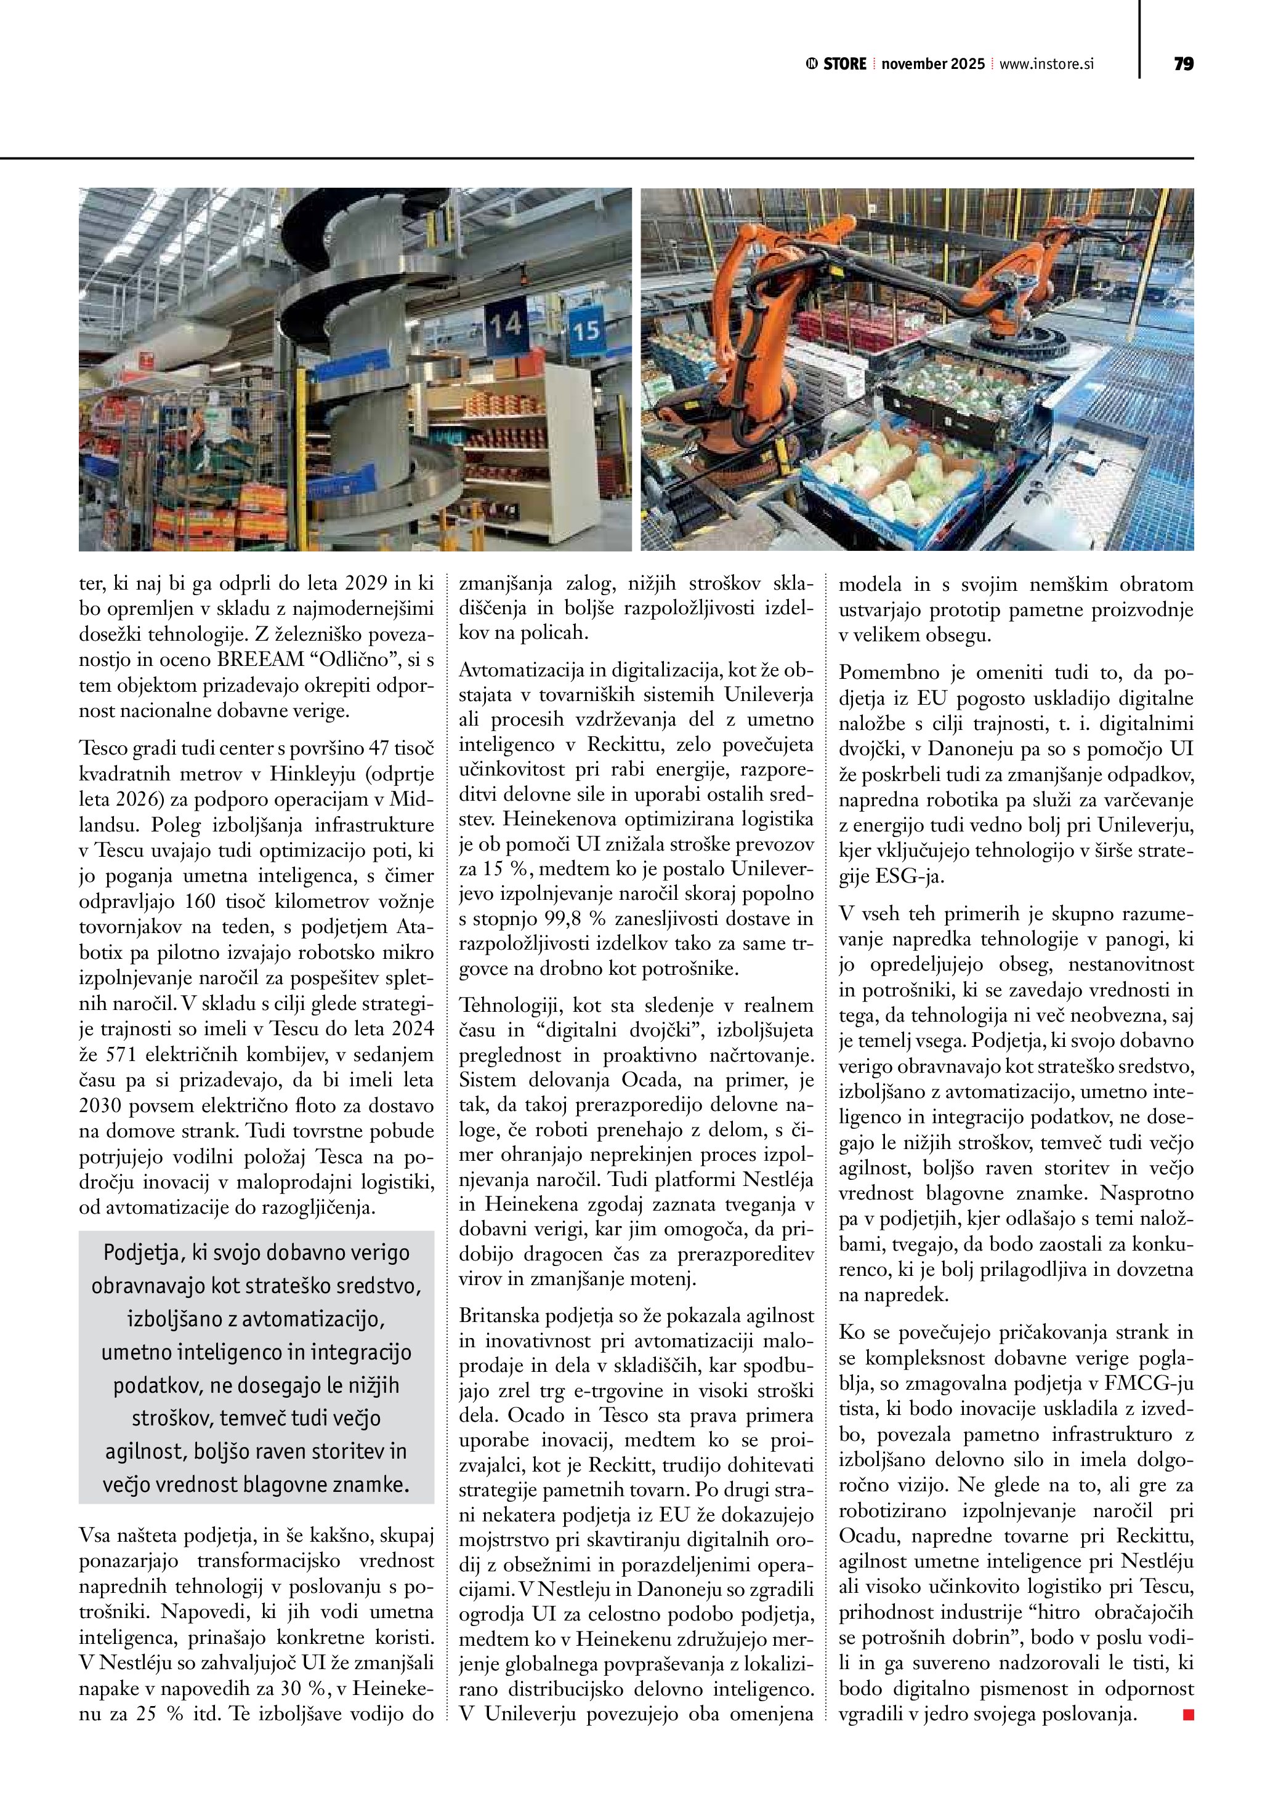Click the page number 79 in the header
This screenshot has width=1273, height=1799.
click(1184, 64)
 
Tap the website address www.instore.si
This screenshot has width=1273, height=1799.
click(1046, 64)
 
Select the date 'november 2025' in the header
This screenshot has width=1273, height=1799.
click(933, 64)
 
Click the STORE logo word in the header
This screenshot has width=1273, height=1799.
click(844, 64)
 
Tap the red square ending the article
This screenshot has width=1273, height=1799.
click(1187, 1715)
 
